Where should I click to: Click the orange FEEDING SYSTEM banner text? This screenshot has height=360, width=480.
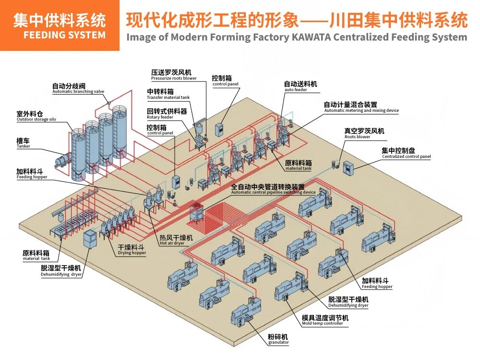[x=64, y=35]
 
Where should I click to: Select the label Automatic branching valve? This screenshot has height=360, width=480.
[x=78, y=92]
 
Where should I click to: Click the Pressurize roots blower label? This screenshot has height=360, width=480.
[x=174, y=78]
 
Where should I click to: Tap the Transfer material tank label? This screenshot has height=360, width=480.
[x=168, y=97]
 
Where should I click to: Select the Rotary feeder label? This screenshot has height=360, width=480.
[x=160, y=117]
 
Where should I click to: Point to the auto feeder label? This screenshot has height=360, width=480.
[x=296, y=90]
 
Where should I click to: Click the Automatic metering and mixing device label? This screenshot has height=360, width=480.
[x=361, y=110]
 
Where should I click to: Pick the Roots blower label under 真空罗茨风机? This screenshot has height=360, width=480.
[x=357, y=137]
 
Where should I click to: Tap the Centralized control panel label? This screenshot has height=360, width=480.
[x=406, y=156]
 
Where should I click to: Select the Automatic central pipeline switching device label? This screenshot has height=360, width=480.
[x=274, y=192]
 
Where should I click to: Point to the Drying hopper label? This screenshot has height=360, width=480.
[x=132, y=253]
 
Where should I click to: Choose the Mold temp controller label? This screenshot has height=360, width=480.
[x=322, y=324]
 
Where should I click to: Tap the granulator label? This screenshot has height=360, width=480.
[x=278, y=342]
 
